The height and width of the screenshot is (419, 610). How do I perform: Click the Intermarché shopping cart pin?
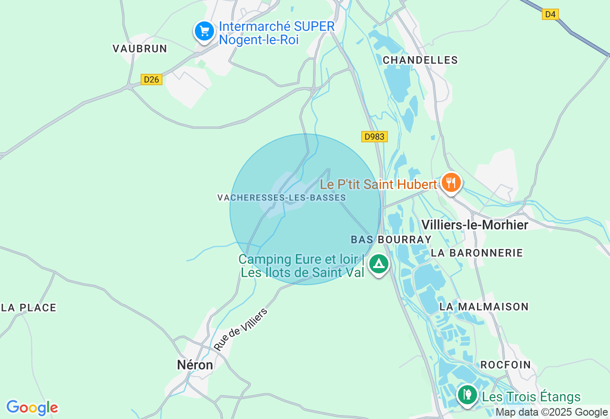(204, 31)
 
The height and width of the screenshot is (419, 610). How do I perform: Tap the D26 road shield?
(152, 80)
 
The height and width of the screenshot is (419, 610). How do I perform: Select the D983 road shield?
(374, 137)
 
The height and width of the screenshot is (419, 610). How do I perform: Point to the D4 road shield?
(550, 14)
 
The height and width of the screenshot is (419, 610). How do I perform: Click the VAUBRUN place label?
(140, 49)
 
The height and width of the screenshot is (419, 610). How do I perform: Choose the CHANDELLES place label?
(420, 60)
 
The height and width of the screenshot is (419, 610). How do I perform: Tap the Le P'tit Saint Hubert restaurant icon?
(450, 182)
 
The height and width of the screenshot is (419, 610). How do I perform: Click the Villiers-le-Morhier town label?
(475, 225)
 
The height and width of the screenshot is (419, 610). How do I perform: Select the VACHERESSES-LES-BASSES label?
(281, 198)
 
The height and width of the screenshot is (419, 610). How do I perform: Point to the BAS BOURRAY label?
(391, 239)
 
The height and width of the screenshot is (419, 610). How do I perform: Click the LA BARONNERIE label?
(477, 253)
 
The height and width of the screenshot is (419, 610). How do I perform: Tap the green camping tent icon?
(379, 263)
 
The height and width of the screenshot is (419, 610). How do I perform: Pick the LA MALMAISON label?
(484, 307)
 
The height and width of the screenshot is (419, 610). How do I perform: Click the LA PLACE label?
(29, 308)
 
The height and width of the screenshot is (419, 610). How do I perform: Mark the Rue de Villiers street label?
(241, 329)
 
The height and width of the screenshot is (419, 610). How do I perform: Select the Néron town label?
(195, 365)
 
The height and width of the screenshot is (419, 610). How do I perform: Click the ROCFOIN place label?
(505, 365)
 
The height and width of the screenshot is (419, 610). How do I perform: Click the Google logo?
(32, 408)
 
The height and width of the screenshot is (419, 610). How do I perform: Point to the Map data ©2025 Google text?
(551, 412)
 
